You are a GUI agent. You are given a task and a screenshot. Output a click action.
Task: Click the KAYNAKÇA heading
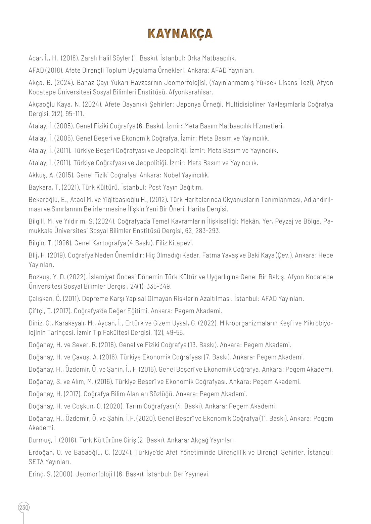coord(180,34)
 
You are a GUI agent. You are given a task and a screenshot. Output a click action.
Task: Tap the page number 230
coord(24,507)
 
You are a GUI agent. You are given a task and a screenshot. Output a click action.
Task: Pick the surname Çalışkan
coord(41,298)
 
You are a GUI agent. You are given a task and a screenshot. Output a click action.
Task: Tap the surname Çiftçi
coord(37,311)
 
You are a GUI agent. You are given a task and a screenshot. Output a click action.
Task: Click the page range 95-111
coord(75,114)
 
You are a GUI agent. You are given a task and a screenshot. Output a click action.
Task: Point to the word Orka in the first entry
coord(194,58)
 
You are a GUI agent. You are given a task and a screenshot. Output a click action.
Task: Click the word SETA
coord(36,462)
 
